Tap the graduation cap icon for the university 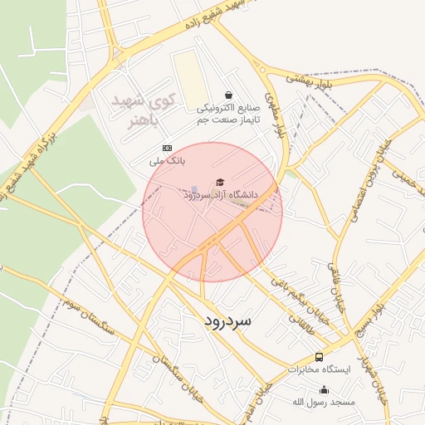(x=220, y=182)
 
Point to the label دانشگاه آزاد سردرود (x=222, y=194)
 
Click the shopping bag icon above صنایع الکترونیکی (x=228, y=95)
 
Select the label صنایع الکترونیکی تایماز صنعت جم (x=229, y=114)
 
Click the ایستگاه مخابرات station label (x=320, y=369)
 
